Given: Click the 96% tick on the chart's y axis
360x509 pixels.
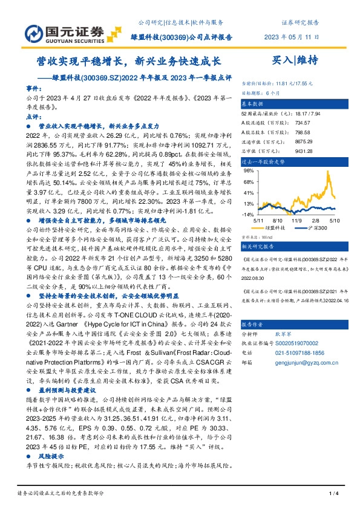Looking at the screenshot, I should [247, 171].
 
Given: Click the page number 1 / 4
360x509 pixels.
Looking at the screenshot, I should [332, 494].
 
